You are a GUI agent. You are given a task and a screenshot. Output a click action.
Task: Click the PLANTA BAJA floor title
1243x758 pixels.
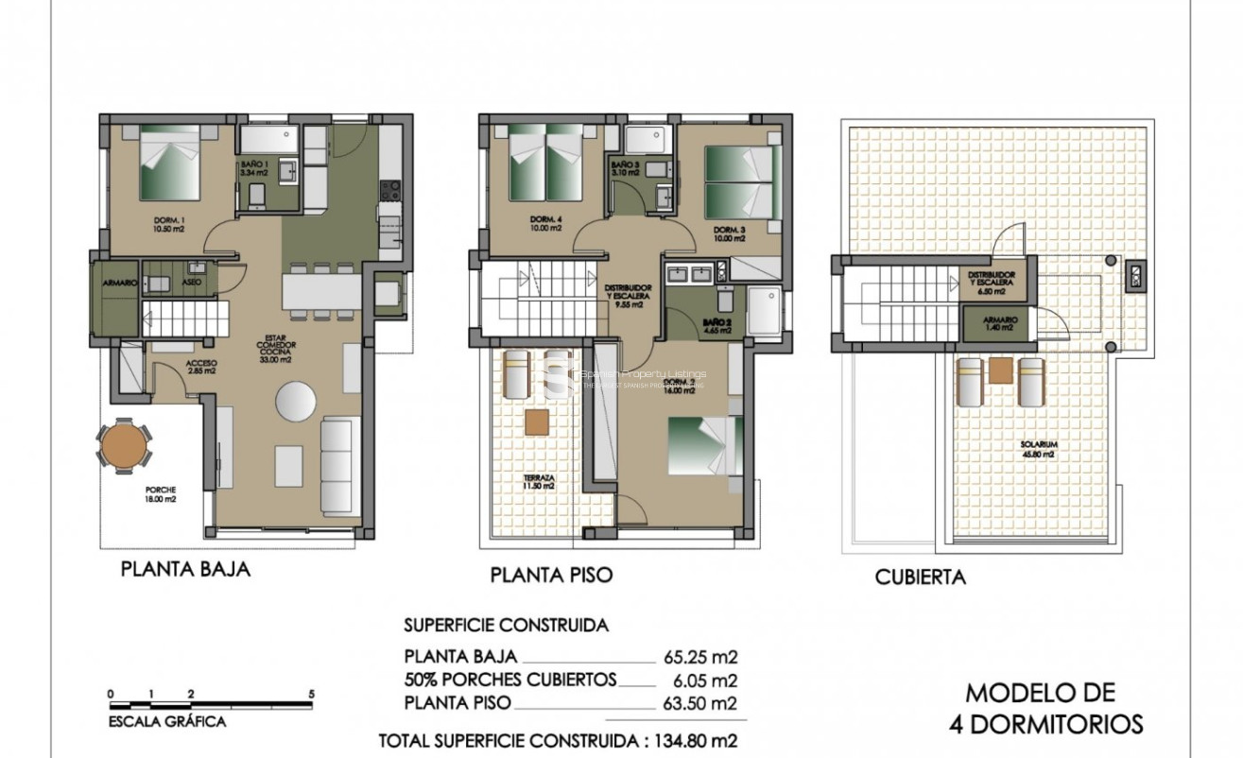(185, 570)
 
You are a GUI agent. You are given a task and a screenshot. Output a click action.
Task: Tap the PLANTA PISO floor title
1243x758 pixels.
(551, 575)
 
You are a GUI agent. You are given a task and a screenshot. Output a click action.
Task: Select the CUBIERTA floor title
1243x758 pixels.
(920, 577)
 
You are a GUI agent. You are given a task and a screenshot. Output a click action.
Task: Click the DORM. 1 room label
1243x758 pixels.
(170, 225)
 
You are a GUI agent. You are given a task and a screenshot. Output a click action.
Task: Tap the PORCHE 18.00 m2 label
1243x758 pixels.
(160, 494)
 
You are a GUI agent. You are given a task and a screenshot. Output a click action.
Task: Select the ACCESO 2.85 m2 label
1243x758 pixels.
(201, 367)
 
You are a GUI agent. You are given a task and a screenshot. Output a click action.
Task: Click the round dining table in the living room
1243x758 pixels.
(296, 401)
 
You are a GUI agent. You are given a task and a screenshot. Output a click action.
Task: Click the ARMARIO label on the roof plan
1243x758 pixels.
(1000, 322)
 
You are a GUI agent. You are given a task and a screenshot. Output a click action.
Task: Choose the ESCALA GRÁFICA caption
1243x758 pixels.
(167, 722)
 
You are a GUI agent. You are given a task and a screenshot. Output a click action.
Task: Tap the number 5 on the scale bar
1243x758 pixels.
(312, 695)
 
